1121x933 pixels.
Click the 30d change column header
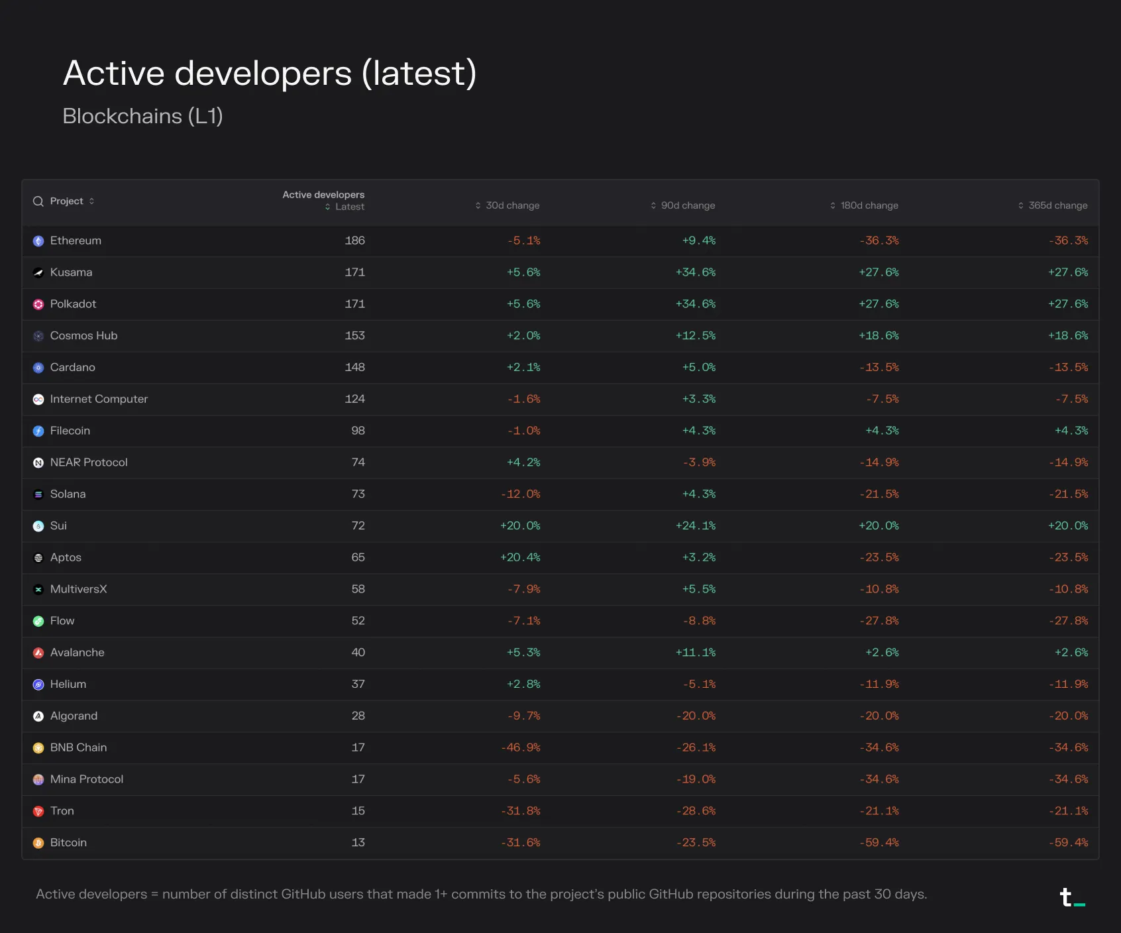[x=507, y=205]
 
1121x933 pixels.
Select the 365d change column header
[x=1053, y=205]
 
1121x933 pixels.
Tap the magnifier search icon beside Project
[x=38, y=201]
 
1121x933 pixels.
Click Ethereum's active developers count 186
[x=355, y=241]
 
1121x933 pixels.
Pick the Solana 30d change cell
[x=521, y=494]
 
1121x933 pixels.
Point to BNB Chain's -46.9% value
[x=521, y=747]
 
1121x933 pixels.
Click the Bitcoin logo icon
[x=38, y=843]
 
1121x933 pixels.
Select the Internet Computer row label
[x=99, y=399]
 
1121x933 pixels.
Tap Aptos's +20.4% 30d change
[x=521, y=557]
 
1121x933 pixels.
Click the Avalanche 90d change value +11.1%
[x=696, y=653]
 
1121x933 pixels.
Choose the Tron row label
[x=62, y=811]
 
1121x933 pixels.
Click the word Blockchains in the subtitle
[x=123, y=116]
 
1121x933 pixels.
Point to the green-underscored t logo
[x=1072, y=897]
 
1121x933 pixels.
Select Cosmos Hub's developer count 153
[x=355, y=336]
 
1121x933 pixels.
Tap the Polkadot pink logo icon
[x=38, y=304]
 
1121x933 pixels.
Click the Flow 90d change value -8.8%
[x=700, y=621]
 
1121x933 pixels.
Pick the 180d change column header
[x=864, y=205]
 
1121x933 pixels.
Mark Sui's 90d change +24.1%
[x=696, y=526]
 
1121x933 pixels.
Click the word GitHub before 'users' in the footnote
[x=303, y=894]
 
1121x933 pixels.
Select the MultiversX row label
[x=78, y=589]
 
